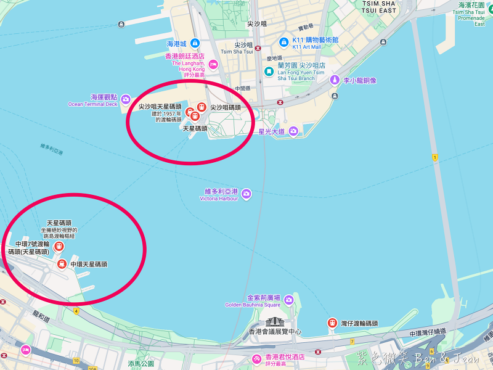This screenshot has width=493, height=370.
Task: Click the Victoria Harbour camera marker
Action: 246,194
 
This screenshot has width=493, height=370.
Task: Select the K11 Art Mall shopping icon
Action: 283,43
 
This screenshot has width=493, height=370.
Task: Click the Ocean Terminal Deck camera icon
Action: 126,99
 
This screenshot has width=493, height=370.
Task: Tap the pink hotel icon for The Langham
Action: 213,64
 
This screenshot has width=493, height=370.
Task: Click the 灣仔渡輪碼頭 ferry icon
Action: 332,323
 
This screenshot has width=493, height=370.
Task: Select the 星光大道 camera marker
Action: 293,131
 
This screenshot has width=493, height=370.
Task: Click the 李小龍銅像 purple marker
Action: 334,80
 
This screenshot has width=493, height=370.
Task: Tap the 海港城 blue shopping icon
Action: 195,43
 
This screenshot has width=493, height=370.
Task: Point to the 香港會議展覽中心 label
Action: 275,332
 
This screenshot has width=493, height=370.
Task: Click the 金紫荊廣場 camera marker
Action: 288,300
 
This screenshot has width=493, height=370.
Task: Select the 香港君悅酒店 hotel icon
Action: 256,359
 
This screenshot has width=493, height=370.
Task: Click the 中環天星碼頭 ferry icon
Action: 62,264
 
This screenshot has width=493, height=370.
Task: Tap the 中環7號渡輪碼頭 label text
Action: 28,248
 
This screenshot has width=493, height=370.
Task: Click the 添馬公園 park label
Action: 141,364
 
